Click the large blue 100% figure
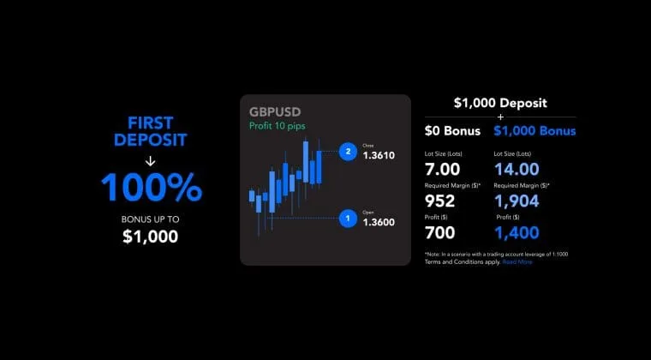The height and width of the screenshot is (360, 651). (151, 188)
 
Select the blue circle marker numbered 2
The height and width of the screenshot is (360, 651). (348, 152)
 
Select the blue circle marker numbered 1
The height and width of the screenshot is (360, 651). (348, 219)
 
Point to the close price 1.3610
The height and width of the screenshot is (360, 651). (379, 155)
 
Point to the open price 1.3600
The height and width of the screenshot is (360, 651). (379, 222)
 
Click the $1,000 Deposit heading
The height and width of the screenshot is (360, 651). (500, 103)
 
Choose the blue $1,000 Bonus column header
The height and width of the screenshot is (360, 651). (535, 131)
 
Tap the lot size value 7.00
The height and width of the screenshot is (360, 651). (443, 169)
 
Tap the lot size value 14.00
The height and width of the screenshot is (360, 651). (517, 169)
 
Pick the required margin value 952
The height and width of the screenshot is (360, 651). (440, 201)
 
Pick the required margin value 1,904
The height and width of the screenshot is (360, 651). (517, 201)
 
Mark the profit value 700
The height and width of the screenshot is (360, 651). (440, 232)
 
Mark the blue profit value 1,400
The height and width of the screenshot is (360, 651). (517, 232)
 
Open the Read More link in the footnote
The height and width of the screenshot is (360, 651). (517, 261)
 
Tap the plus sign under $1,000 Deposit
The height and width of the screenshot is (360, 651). (500, 116)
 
